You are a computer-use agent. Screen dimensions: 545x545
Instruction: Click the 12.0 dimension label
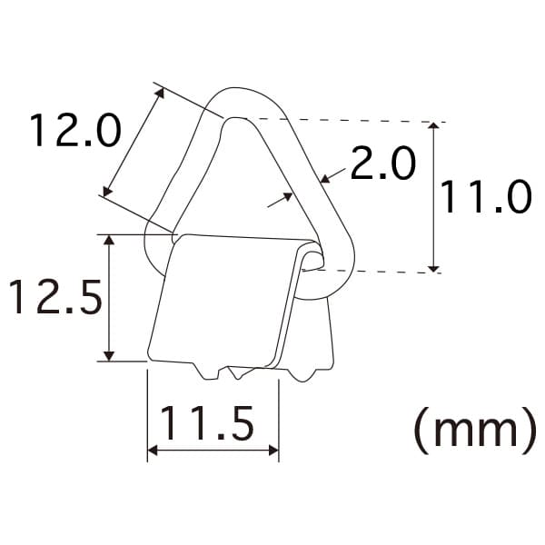tap(75, 130)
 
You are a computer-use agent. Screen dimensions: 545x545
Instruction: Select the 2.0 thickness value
tap(383, 163)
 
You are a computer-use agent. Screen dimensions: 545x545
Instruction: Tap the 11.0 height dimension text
tap(486, 197)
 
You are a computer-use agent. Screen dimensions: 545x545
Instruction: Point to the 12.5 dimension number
tap(56, 297)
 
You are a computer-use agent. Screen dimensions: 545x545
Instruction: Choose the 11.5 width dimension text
tap(207, 423)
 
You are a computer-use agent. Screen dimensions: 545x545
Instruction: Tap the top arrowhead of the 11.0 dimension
tap(433, 126)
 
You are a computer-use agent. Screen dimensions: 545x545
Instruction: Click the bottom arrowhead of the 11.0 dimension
tap(433, 268)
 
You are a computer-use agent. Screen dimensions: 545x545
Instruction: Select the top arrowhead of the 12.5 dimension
tap(109, 240)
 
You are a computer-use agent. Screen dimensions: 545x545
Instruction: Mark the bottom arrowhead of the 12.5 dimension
tap(109, 356)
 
